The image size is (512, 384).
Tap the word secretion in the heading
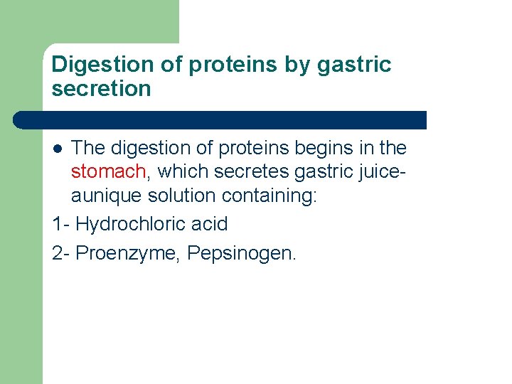pos(102,89)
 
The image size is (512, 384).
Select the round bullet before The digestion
pos(58,149)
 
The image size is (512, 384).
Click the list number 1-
pos(61,224)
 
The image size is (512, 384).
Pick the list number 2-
pos(61,254)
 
